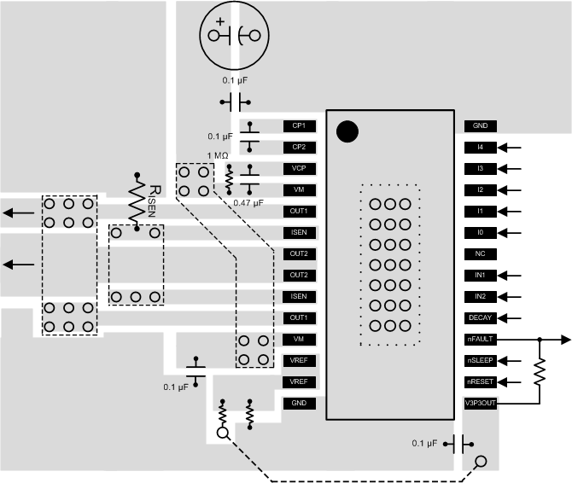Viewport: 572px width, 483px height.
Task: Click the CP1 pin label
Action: [x=299, y=125]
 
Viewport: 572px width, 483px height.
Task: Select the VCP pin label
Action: [x=299, y=168]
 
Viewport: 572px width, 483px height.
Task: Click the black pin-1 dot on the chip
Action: [x=347, y=131]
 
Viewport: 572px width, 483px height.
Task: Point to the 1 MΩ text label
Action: [x=218, y=155]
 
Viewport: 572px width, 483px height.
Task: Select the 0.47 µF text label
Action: [x=249, y=203]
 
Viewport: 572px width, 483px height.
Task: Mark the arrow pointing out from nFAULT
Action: [x=559, y=339]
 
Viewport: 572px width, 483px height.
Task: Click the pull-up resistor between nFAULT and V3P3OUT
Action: [x=539, y=371]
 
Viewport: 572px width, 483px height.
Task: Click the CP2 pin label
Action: [x=299, y=147]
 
